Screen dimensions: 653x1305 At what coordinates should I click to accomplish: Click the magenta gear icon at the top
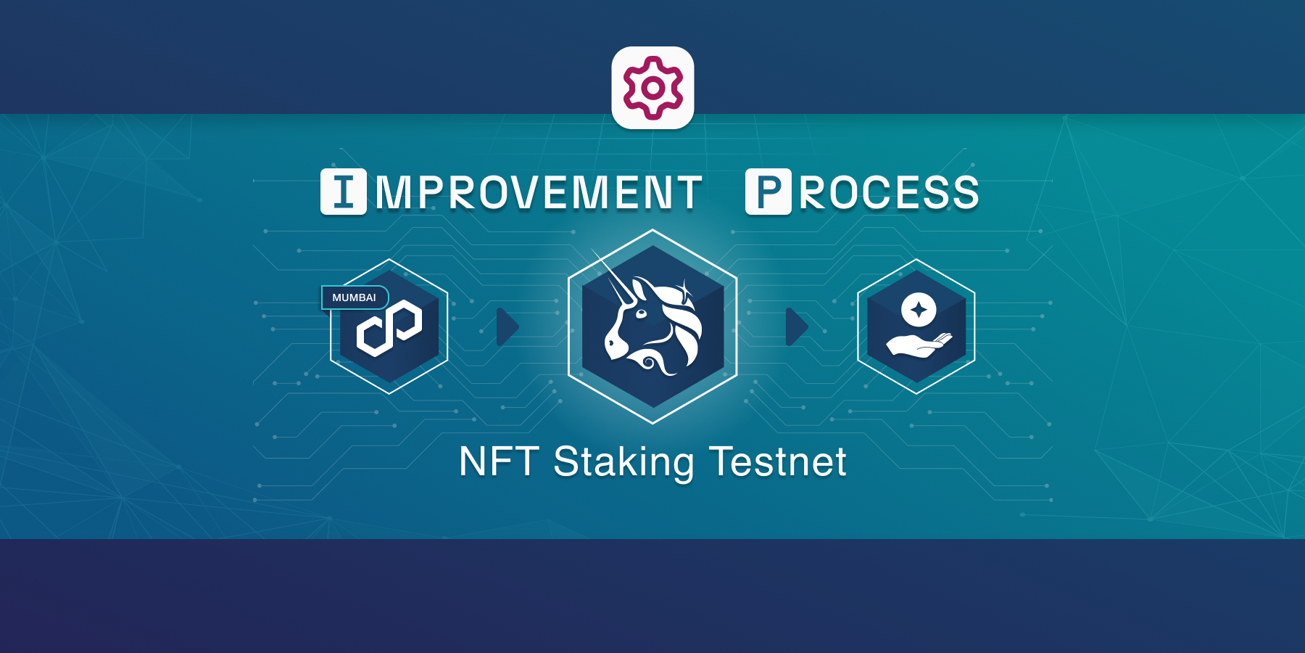point(652,87)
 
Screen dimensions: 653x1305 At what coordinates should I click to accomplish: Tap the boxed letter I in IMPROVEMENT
point(344,192)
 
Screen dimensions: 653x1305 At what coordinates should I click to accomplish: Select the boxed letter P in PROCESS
point(768,192)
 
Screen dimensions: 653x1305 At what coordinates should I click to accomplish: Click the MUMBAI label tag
point(355,297)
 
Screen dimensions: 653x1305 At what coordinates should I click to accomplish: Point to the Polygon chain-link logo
point(389,328)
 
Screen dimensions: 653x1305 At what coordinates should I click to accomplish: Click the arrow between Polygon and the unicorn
point(507,326)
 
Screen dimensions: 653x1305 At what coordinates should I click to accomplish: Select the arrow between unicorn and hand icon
point(796,326)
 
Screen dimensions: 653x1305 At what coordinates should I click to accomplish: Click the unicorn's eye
point(641,313)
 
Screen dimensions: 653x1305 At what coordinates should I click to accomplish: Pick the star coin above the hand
point(919,310)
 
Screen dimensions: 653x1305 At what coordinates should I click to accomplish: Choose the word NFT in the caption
point(499,461)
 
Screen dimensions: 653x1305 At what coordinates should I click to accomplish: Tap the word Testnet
point(778,461)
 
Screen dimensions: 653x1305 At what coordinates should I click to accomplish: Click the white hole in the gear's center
point(652,88)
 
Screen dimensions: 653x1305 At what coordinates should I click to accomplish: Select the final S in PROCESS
point(964,193)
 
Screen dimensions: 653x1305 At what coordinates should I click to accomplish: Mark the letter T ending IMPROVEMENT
point(689,193)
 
